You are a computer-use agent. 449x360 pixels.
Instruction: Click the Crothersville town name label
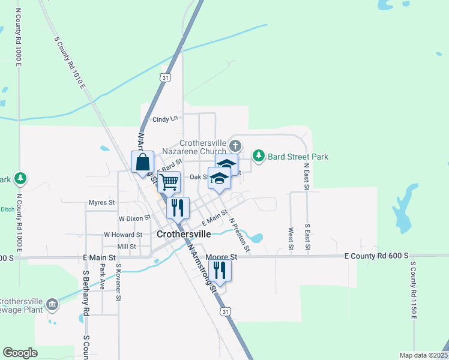(x=184, y=234)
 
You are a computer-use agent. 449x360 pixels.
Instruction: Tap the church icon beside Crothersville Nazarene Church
(x=236, y=145)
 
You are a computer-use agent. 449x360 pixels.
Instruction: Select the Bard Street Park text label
(x=298, y=157)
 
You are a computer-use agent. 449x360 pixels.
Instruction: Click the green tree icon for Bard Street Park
(x=259, y=156)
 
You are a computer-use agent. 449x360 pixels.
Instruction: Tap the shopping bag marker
(x=142, y=162)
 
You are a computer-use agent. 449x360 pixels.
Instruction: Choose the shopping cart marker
(x=169, y=181)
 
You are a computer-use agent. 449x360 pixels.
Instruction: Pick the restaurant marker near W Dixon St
(x=178, y=208)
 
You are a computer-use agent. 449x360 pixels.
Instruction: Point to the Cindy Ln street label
(x=166, y=119)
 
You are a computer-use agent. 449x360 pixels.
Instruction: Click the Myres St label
(x=101, y=203)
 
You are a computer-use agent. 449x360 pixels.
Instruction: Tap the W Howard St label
(x=122, y=235)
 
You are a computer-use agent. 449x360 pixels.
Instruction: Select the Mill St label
(x=127, y=247)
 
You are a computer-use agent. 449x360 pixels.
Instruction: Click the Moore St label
(x=221, y=256)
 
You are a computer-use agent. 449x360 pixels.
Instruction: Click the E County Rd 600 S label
(x=376, y=256)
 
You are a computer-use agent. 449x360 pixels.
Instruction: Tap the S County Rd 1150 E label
(x=413, y=290)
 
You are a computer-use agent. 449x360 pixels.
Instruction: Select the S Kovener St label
(x=118, y=281)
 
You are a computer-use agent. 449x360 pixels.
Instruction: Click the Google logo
(x=20, y=353)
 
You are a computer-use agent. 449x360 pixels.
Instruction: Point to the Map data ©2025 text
(x=423, y=355)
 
